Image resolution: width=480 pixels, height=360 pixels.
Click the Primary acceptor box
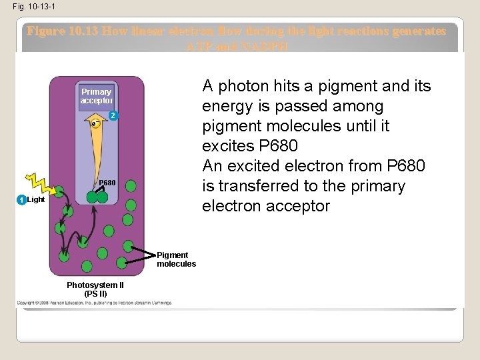tap(97, 96)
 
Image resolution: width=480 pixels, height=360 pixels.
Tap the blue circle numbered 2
tap(113, 116)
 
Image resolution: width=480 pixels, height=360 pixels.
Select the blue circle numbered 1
tap(22, 200)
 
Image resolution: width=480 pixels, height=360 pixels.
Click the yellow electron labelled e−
tap(96, 123)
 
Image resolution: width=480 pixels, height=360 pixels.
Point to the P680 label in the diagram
tap(107, 183)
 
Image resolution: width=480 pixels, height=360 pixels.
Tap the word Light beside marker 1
tap(36, 200)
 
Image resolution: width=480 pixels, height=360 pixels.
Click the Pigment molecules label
tap(176, 259)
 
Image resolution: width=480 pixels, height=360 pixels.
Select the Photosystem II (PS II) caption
tap(95, 289)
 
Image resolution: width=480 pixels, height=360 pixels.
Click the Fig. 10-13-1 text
tap(29, 7)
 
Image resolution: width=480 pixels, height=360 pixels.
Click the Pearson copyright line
tap(95, 303)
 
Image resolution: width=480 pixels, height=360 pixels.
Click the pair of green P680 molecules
tap(97, 197)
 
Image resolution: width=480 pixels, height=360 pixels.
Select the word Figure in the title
tap(45, 31)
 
